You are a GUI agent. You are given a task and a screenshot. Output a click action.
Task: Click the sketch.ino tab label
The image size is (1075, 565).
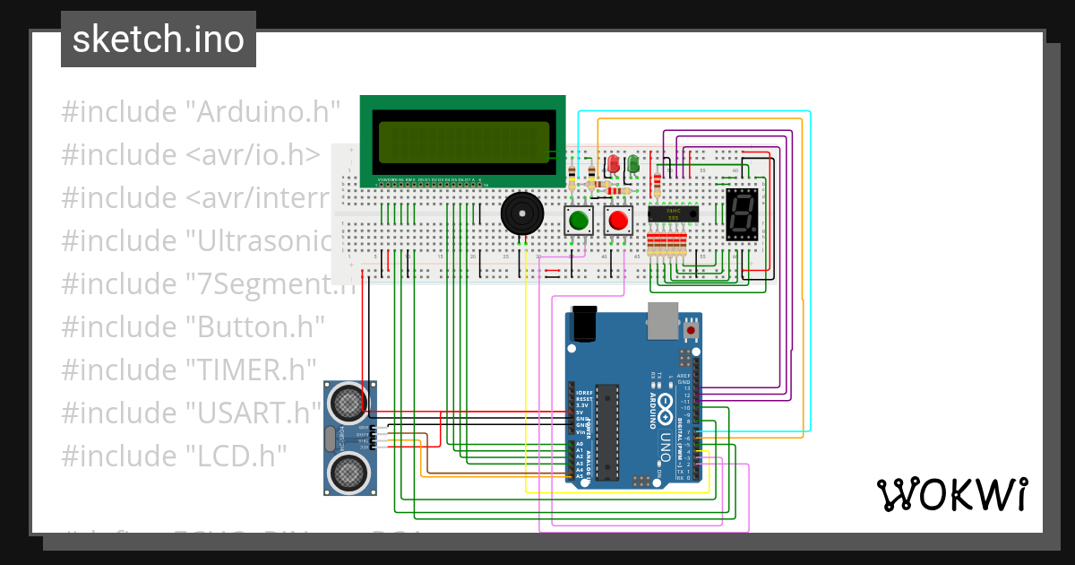click(x=158, y=39)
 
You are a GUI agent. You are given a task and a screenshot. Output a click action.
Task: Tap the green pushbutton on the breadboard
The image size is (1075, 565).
click(x=579, y=220)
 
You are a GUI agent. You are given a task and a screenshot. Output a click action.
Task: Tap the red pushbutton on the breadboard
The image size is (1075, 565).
click(x=617, y=220)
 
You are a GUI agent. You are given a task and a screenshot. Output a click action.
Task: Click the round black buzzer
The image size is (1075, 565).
click(x=520, y=215)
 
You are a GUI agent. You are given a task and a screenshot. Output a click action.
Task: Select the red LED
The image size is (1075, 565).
click(x=614, y=164)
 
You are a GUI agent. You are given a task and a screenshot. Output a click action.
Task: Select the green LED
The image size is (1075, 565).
click(x=633, y=164)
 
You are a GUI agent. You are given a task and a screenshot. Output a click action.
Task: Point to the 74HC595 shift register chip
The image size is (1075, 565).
click(x=673, y=213)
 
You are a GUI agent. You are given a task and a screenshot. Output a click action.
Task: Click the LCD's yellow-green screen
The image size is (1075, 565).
click(x=463, y=141)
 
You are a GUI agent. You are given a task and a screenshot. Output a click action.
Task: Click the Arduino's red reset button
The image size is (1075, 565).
click(x=691, y=331)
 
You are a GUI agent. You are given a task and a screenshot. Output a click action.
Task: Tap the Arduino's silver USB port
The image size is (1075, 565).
click(x=663, y=321)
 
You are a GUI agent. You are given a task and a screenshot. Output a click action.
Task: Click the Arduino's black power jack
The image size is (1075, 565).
click(x=584, y=324)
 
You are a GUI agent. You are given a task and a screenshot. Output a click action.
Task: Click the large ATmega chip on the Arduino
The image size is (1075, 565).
click(x=607, y=430)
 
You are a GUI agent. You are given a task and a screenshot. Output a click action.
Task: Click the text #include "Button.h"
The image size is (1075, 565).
click(x=193, y=326)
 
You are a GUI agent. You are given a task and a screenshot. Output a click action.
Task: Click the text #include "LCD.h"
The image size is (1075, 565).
click(x=174, y=455)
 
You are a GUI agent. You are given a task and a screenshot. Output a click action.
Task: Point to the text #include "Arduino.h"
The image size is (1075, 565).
click(x=201, y=112)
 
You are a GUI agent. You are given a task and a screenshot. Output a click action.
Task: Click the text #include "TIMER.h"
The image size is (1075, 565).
click(x=189, y=369)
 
